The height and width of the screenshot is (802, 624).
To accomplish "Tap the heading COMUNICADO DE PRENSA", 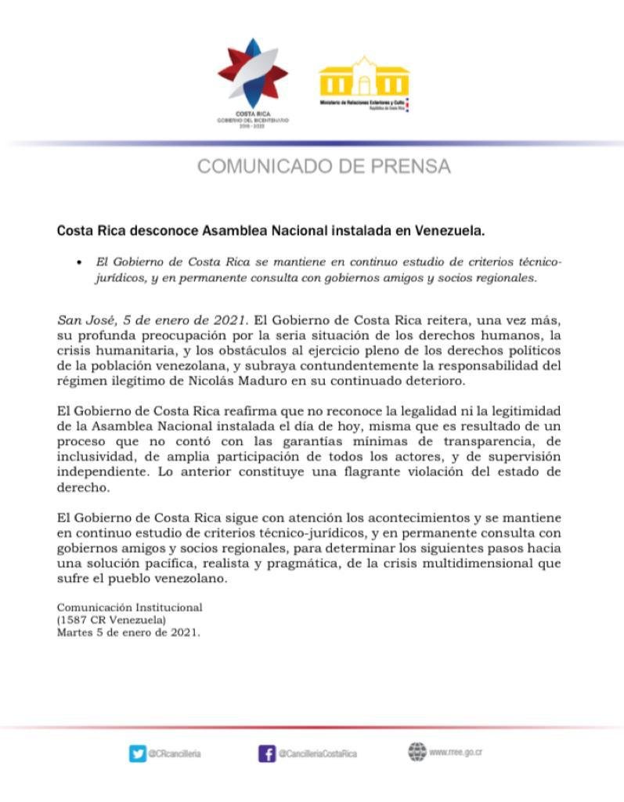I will pos(323,166).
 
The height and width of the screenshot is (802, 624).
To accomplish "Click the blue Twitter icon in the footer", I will pos(137,753).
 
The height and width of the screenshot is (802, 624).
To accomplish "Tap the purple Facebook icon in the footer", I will pos(266,753).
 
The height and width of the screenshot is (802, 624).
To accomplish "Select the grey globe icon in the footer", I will pos(416,752).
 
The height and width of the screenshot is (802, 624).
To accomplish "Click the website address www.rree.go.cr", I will pos(456,753).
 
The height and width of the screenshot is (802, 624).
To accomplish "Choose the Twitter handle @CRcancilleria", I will pos(175,753).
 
